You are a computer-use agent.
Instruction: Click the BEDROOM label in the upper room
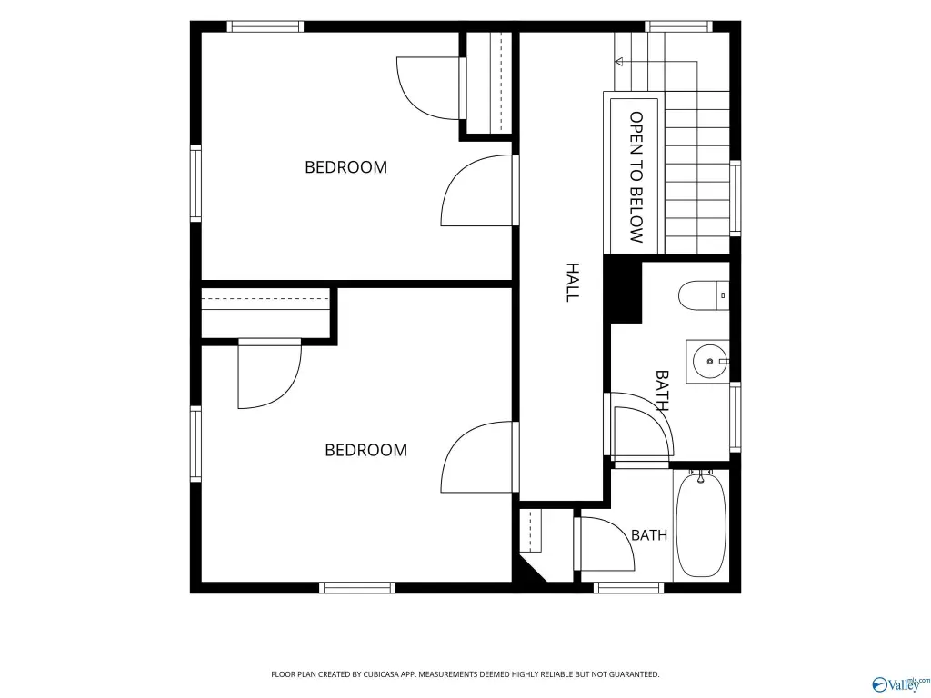pyautogui.click(x=345, y=167)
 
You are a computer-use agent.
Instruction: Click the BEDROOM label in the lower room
pyautogui.click(x=365, y=450)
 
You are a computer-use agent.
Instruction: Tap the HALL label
pyautogui.click(x=572, y=283)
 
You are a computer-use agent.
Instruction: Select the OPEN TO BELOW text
pyautogui.click(x=636, y=177)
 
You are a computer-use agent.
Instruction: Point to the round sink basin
pyautogui.click(x=709, y=361)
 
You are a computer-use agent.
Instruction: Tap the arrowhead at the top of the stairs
pyautogui.click(x=618, y=61)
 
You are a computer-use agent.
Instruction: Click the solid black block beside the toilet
pyautogui.click(x=623, y=290)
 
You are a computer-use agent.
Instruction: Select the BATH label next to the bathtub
pyautogui.click(x=649, y=535)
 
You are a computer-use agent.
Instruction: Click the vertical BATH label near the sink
pyautogui.click(x=662, y=391)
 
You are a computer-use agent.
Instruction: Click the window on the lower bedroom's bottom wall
pyautogui.click(x=356, y=588)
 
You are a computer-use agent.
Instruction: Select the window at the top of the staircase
pyautogui.click(x=678, y=26)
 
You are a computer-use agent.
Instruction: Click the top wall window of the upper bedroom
pyautogui.click(x=265, y=26)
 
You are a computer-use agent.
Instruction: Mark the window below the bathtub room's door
pyautogui.click(x=628, y=588)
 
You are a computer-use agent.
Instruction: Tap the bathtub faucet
pyautogui.click(x=701, y=474)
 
